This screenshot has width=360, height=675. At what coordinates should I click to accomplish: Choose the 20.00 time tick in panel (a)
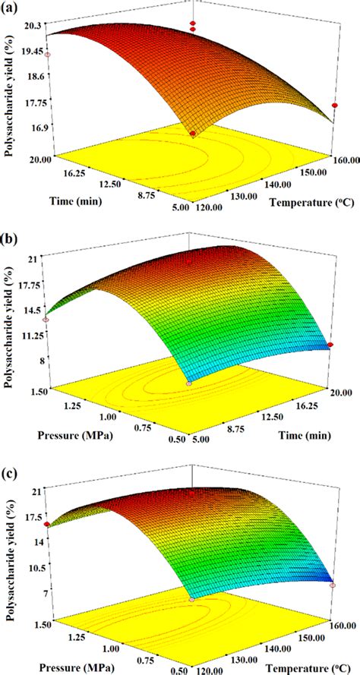click(x=37, y=159)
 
